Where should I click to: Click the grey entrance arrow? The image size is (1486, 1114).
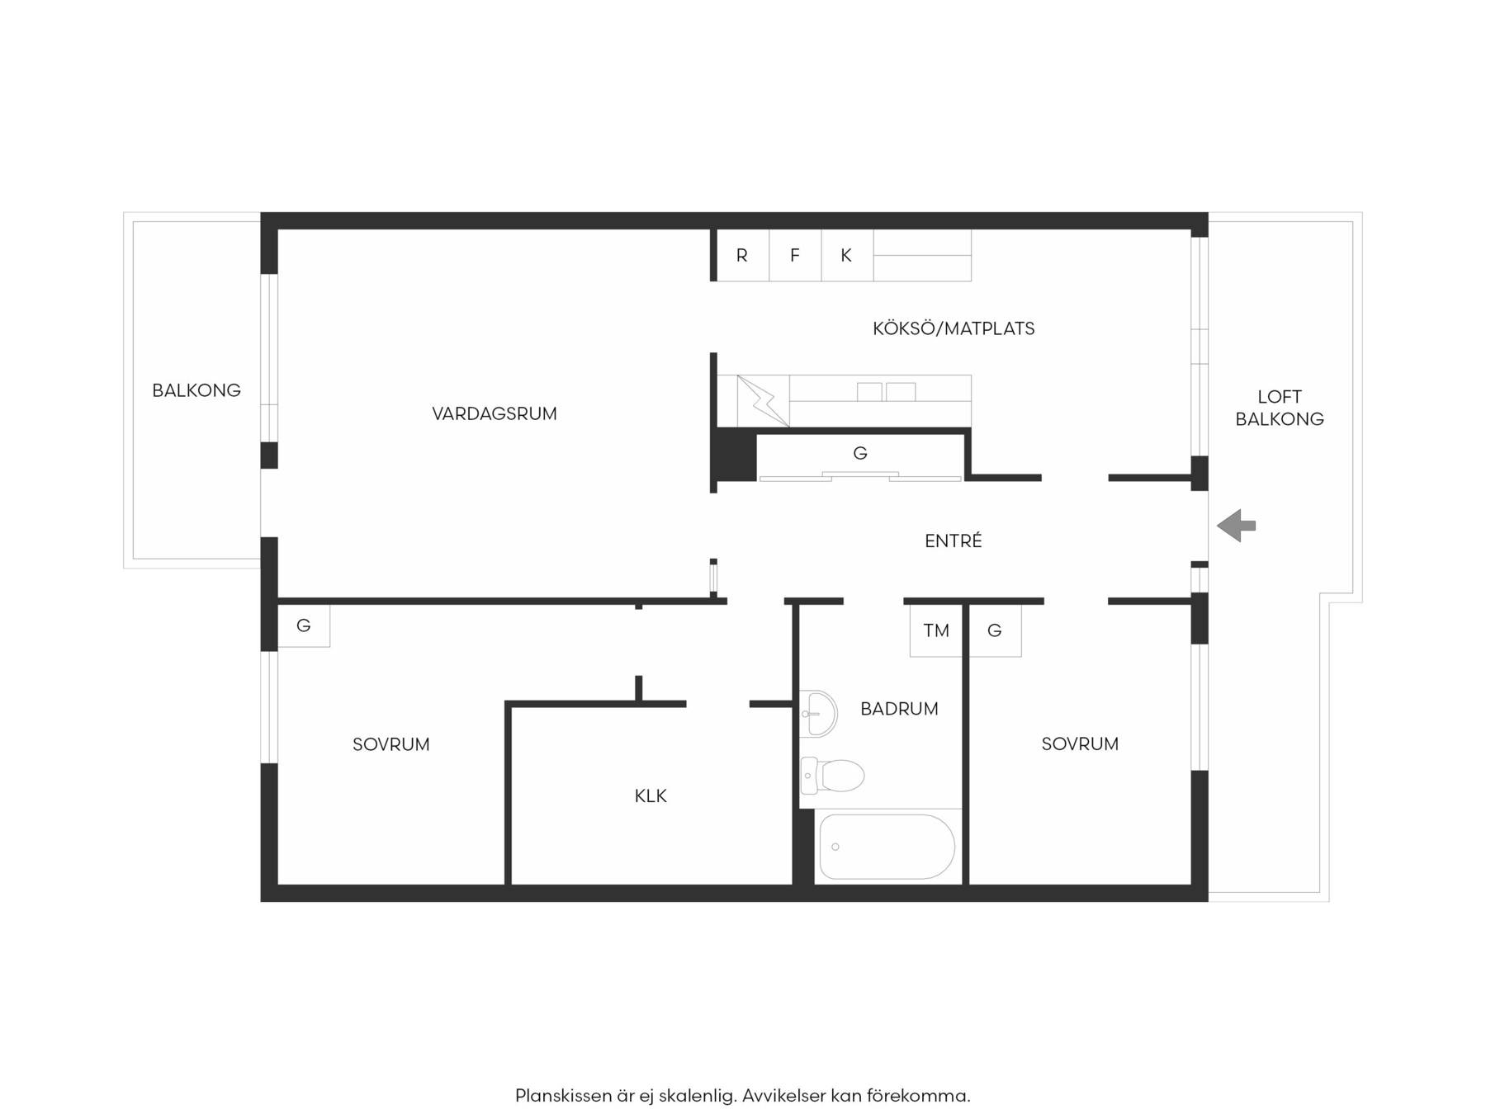click(x=1236, y=526)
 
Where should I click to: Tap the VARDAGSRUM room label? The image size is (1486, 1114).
click(x=495, y=413)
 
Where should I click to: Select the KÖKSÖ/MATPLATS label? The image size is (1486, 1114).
click(x=954, y=328)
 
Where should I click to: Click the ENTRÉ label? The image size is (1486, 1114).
click(x=954, y=540)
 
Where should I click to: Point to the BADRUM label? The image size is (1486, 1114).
click(x=899, y=709)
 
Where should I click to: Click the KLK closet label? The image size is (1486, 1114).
click(x=651, y=796)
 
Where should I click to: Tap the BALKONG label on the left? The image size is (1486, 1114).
click(x=196, y=390)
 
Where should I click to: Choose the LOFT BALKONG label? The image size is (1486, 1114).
click(x=1280, y=408)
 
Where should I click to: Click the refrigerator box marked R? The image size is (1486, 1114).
click(x=742, y=255)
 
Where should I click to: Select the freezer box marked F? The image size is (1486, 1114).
click(x=795, y=255)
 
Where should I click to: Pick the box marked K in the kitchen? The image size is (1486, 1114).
click(x=847, y=255)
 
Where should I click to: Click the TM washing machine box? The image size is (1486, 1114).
click(x=936, y=630)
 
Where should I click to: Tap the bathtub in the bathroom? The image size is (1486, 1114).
click(x=884, y=847)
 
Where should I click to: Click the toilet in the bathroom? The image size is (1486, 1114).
click(x=832, y=776)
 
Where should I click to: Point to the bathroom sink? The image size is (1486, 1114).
click(x=818, y=713)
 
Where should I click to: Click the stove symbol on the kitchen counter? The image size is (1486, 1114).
click(x=763, y=402)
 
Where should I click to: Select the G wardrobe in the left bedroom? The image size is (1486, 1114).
click(x=304, y=625)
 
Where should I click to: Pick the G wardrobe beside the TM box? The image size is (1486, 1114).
click(x=995, y=630)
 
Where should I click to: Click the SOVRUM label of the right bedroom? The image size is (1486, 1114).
click(x=1080, y=743)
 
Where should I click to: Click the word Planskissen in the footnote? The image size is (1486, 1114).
click(x=564, y=1096)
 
